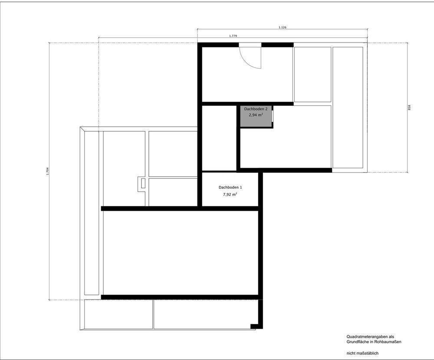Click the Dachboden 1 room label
click(x=230, y=187)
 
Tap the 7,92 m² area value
click(x=230, y=194)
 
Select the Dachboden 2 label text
click(x=256, y=109)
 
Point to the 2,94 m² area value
click(x=256, y=115)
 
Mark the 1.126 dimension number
click(x=283, y=27)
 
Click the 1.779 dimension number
click(x=233, y=36)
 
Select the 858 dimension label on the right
click(x=409, y=108)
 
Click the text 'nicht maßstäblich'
click(x=362, y=353)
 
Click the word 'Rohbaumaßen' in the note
click(x=388, y=342)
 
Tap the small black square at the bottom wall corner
click(x=253, y=326)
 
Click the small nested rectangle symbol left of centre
click(x=141, y=184)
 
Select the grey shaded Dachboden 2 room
click(x=256, y=117)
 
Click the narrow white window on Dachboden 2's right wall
click(x=273, y=116)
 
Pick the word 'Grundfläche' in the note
click(x=357, y=342)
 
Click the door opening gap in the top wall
click(x=250, y=45)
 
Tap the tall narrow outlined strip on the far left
click(x=91, y=213)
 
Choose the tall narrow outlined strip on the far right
click(x=348, y=108)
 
